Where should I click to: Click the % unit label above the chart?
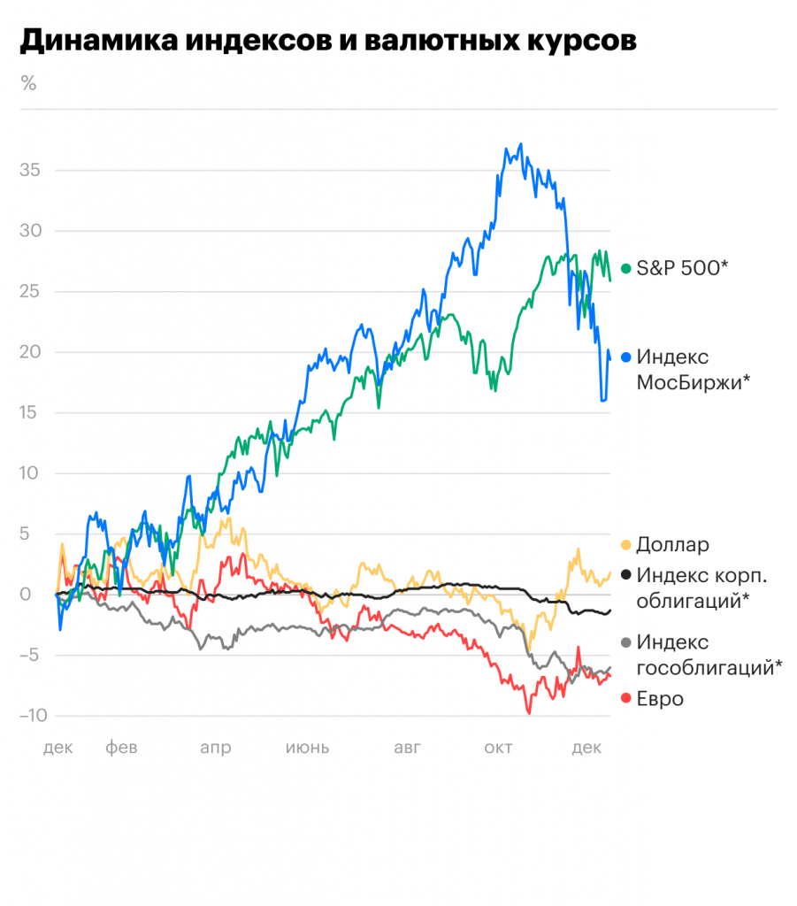tap(28, 84)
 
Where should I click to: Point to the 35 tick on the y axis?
tap(31, 170)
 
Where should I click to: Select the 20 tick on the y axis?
tap(31, 352)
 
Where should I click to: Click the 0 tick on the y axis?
tap(36, 595)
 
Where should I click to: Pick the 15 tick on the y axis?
tap(31, 413)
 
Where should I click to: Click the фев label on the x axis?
tap(122, 749)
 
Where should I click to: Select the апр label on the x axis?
tap(216, 749)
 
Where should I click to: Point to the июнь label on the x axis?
tap(307, 749)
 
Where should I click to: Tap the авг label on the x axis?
tap(408, 749)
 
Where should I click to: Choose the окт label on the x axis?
tap(498, 749)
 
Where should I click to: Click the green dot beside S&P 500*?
tap(626, 268)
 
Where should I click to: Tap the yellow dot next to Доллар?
tap(626, 546)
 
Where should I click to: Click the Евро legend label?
tap(660, 699)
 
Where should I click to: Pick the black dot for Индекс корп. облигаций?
tap(626, 576)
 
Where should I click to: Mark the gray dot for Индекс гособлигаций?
tap(626, 643)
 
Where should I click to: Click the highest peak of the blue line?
tap(521, 144)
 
